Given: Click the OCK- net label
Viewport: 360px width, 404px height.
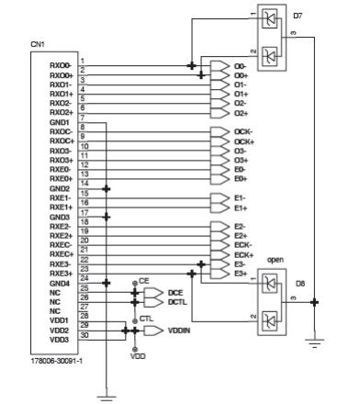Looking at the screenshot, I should [243, 132].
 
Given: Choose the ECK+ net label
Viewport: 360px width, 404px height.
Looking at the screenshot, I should [243, 253].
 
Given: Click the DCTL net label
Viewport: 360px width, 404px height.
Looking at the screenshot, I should [177, 301].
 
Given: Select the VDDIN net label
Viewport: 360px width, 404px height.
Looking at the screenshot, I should [180, 328].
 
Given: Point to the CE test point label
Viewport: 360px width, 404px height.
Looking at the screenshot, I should [143, 279].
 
